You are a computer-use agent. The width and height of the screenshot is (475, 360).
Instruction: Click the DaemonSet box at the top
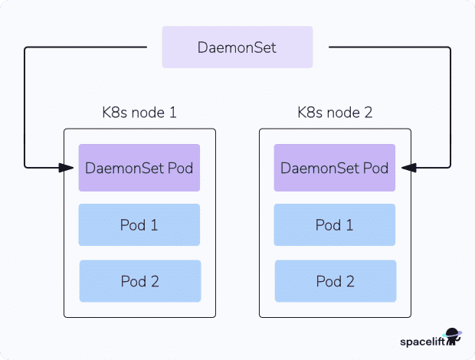[237, 47]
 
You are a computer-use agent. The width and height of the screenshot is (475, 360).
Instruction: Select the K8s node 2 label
[335, 113]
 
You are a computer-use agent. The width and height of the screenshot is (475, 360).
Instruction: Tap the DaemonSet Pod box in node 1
[139, 168]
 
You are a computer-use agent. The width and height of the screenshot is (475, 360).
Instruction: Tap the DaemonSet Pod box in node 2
[335, 168]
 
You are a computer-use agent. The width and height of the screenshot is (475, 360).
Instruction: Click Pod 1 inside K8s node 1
[139, 224]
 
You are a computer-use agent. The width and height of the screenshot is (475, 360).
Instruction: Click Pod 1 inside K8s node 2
[335, 224]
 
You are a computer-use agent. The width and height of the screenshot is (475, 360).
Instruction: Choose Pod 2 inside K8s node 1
[139, 281]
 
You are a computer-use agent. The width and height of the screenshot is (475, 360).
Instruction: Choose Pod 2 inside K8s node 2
[335, 281]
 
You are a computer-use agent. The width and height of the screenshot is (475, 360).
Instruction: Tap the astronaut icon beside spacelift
[453, 338]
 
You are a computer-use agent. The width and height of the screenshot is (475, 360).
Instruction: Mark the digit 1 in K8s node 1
[172, 113]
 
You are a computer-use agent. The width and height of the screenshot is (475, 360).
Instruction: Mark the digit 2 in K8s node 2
[369, 113]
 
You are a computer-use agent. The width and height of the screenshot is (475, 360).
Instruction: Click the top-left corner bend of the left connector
[26, 48]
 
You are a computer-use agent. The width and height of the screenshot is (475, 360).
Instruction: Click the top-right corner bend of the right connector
[450, 48]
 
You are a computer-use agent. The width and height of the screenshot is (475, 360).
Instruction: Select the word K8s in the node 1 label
[114, 113]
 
